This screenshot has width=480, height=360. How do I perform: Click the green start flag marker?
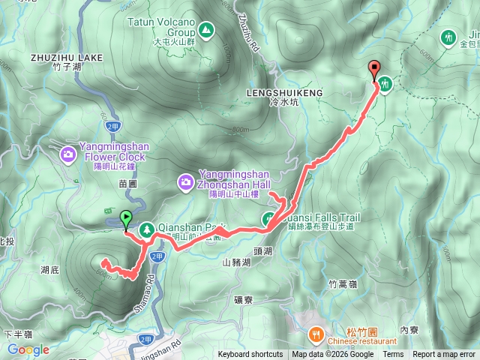coord(125,219)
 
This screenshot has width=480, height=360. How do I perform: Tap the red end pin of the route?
coord(374,70)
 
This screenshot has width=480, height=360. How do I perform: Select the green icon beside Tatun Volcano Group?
coord(205,31)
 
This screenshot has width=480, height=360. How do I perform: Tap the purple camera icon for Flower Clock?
coord(68,154)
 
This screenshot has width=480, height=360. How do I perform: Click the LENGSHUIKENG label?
coord(283,92)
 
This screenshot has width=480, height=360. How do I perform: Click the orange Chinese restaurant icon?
coord(316,332)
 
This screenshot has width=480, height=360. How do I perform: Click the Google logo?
coord(28,349)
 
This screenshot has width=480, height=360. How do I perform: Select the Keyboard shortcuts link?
coord(250,355)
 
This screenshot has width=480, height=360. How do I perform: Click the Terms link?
coord(393,355)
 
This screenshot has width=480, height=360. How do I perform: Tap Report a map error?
coord(445,355)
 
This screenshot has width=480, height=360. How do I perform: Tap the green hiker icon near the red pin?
coord(385,84)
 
